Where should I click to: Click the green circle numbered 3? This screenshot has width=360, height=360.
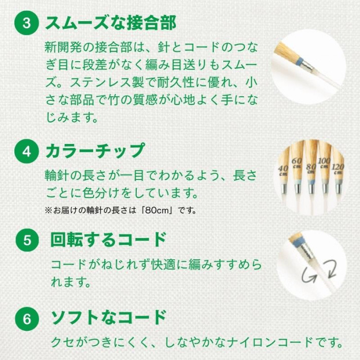click(x=27, y=23)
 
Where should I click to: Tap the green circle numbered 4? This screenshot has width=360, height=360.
click(x=27, y=152)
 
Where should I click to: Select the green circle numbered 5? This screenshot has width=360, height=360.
click(x=27, y=240)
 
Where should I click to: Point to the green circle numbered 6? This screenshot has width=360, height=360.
click(x=27, y=319)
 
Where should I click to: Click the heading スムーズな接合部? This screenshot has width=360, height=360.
click(x=111, y=23)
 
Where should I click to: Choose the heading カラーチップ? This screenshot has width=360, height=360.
click(x=95, y=151)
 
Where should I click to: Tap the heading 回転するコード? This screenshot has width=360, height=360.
click(x=109, y=240)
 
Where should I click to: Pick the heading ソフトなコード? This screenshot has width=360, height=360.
click(x=109, y=317)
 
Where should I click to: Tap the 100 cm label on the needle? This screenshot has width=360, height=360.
click(x=324, y=163)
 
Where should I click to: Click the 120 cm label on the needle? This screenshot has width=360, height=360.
click(x=338, y=169)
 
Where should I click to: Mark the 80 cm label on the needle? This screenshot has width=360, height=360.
click(x=311, y=169)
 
